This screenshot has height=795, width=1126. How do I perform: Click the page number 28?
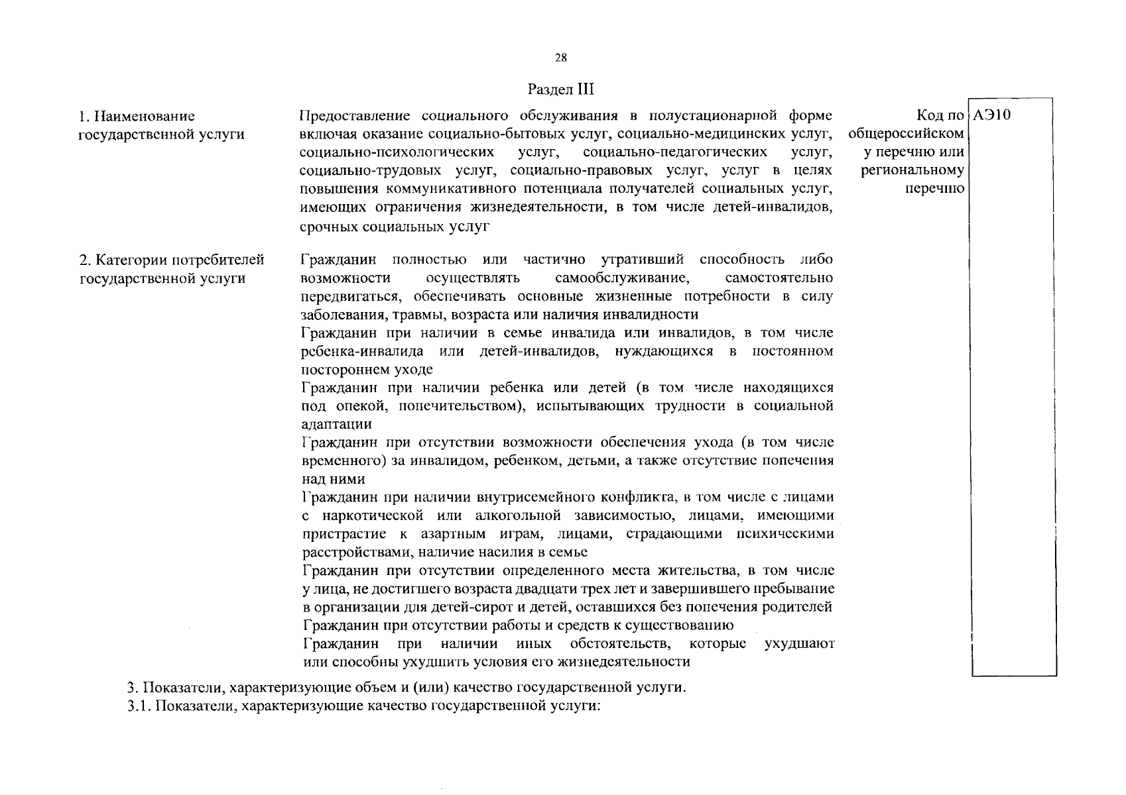(560, 58)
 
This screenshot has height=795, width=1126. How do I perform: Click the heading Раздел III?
(562, 89)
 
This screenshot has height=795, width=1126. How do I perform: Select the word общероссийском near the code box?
(906, 134)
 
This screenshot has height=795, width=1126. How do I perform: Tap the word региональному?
(912, 171)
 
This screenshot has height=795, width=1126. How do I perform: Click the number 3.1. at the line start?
(140, 706)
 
